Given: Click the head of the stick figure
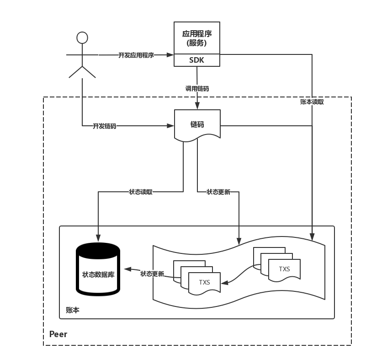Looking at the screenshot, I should [82, 38].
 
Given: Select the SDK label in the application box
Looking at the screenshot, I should [197, 60].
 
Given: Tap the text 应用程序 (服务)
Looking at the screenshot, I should [197, 38].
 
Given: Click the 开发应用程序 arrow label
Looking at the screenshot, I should [136, 55].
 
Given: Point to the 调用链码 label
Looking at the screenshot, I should [197, 88].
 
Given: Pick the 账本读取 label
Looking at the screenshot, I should [312, 102].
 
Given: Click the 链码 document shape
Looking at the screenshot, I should [197, 124].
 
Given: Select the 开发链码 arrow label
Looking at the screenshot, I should [105, 126].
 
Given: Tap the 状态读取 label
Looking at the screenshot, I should [141, 192].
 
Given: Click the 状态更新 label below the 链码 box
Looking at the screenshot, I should [218, 192].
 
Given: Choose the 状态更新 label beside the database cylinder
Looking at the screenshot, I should [152, 274].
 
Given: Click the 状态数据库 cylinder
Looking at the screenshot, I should [98, 270].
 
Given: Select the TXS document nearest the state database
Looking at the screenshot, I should [204, 282].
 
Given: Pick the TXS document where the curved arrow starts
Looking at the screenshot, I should [284, 269].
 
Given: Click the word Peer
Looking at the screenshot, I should [58, 334].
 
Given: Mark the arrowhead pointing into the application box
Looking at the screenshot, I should [170, 55].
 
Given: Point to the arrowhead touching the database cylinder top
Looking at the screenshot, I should [98, 237].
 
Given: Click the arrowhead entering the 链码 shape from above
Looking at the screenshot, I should [197, 106].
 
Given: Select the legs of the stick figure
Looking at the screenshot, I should [82, 72].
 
